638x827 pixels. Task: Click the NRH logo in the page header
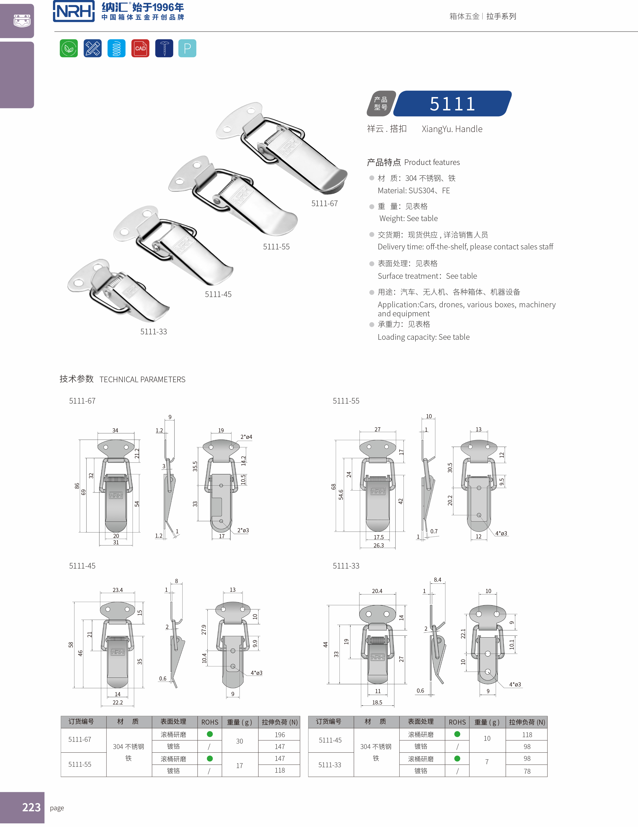click(x=74, y=11)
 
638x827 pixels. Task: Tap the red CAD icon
click(x=140, y=48)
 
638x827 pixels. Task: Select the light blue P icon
click(x=187, y=48)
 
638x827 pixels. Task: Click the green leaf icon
click(x=69, y=48)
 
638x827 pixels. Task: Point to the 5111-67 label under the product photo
click(x=324, y=204)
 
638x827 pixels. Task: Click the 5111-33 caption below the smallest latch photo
click(x=153, y=332)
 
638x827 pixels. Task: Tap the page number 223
click(x=31, y=807)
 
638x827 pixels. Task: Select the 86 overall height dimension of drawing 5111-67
click(x=77, y=486)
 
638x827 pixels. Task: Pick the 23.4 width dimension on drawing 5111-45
click(x=118, y=590)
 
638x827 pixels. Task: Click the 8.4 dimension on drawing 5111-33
click(x=437, y=580)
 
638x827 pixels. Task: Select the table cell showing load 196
click(x=280, y=735)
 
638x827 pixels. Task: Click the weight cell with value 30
click(x=240, y=741)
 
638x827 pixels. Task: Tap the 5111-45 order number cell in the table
click(x=330, y=740)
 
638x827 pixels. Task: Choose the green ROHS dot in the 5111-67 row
click(x=210, y=734)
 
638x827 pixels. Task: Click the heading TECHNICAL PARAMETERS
click(x=142, y=379)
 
